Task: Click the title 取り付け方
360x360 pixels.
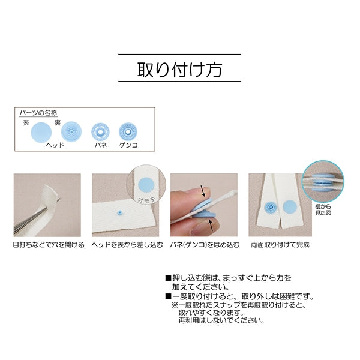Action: [179, 68]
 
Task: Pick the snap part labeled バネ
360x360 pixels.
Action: [99, 130]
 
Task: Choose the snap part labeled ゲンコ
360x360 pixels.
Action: [127, 130]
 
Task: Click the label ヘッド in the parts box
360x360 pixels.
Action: [55, 145]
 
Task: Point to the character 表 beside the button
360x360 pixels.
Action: [26, 122]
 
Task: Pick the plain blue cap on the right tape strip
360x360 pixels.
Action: [287, 205]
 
